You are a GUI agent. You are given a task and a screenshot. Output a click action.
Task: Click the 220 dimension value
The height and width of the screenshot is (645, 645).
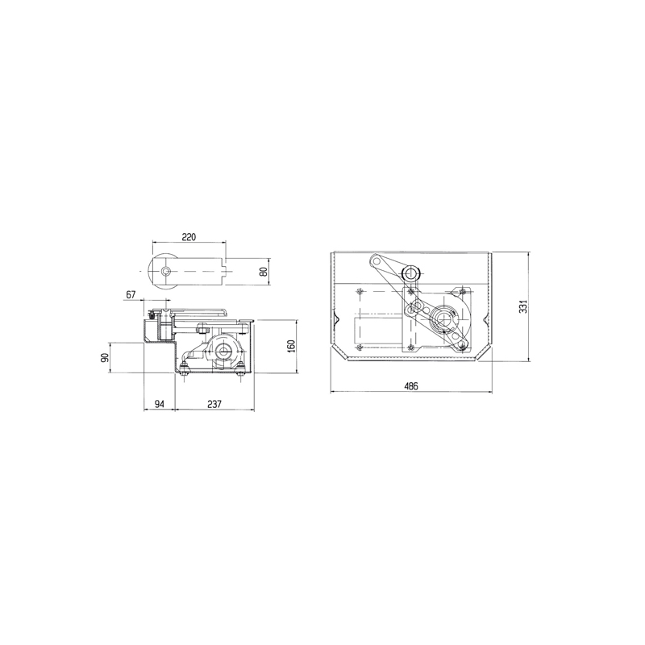pyautogui.click(x=189, y=237)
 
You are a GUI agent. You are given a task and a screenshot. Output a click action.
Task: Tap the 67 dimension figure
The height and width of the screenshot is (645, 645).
pyautogui.click(x=131, y=294)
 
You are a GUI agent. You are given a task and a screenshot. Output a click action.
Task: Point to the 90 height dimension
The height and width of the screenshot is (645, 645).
pyautogui.click(x=105, y=357)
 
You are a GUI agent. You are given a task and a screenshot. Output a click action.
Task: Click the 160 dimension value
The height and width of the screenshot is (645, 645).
pyautogui.click(x=291, y=347)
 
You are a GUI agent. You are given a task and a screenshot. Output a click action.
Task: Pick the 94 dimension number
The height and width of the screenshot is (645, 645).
pyautogui.click(x=159, y=404)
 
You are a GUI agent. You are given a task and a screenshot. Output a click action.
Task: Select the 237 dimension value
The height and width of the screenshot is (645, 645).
pyautogui.click(x=214, y=404)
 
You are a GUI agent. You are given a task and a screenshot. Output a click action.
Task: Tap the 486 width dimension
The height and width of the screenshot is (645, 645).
pyautogui.click(x=411, y=386)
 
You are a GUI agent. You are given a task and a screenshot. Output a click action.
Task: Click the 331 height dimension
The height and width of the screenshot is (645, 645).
pyautogui.click(x=522, y=306)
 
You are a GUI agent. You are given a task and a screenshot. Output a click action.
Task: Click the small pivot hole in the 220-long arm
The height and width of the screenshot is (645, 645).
pyautogui.click(x=166, y=272)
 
